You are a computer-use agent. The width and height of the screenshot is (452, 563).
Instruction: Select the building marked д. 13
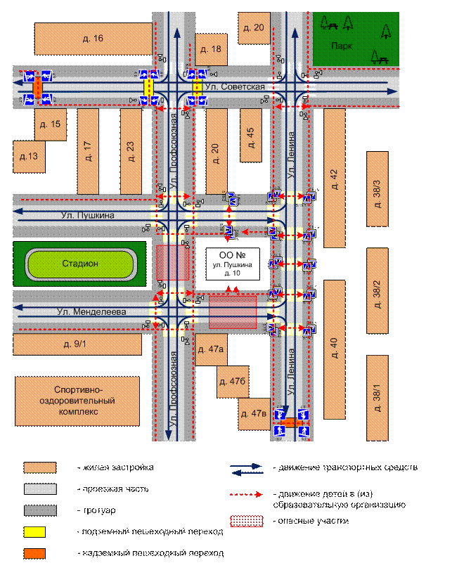click(29, 156)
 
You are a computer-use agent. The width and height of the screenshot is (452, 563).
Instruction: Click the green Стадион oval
click(80, 264)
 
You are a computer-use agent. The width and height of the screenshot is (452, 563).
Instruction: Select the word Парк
click(342, 46)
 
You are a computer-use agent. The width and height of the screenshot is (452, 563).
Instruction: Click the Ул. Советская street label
click(235, 86)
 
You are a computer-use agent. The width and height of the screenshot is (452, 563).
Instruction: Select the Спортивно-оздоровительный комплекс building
click(77, 400)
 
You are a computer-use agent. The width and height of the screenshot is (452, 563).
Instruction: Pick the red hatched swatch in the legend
click(249, 521)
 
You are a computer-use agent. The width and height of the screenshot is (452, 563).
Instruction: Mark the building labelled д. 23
click(131, 151)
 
